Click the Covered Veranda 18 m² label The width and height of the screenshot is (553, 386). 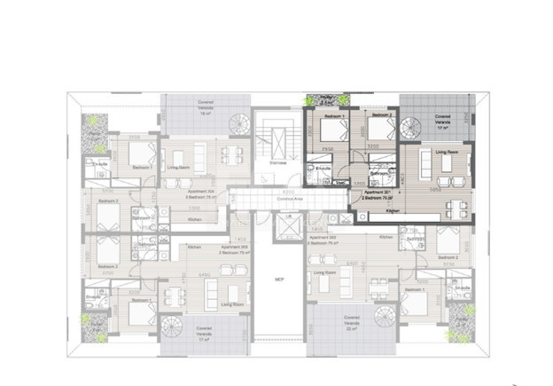[206, 107]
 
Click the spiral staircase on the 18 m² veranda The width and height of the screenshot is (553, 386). [238, 124]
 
